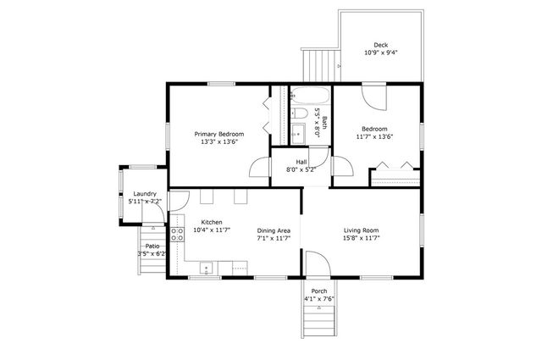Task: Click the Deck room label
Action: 381,45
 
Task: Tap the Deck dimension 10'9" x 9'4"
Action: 381,53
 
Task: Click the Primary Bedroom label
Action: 218,134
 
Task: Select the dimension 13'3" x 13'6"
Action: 218,142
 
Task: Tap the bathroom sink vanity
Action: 297,133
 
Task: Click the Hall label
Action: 301,161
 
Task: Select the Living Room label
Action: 360,230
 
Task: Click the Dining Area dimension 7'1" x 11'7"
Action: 274,239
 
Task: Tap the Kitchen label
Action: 212,222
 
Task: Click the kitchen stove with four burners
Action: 178,235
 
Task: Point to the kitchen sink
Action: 206,270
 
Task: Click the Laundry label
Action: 142,194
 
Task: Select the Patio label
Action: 152,245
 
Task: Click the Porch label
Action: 318,291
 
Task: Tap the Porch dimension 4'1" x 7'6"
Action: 318,299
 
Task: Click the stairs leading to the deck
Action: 320,62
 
